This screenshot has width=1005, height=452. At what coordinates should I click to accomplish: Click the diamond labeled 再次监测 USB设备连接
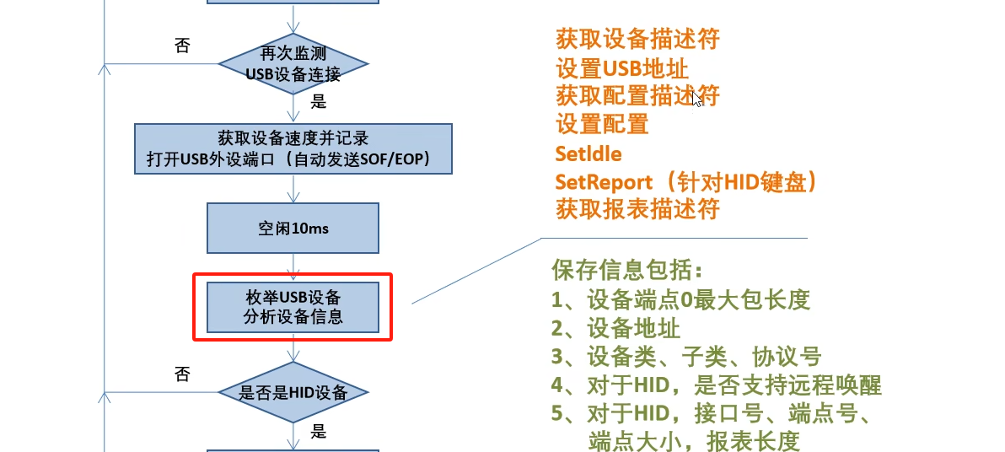point(293,64)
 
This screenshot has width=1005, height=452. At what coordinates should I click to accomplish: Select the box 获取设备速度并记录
point(293,148)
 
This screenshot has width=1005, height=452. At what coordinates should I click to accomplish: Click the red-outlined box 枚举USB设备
point(293,307)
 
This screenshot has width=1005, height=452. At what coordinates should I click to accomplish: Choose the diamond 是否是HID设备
point(293,392)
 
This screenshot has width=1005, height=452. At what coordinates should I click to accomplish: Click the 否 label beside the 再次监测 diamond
point(181,46)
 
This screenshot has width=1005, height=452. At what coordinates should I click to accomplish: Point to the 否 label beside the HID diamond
point(181,374)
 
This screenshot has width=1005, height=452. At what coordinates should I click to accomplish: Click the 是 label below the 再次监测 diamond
point(319,103)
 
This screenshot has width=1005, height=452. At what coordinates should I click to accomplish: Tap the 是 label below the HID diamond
point(319,433)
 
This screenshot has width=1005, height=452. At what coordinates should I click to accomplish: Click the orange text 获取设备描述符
point(637,39)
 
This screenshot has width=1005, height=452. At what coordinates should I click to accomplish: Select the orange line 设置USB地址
point(627,67)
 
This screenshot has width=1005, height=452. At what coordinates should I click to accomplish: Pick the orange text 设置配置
point(602,124)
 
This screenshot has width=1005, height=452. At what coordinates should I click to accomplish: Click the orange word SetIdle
point(588,153)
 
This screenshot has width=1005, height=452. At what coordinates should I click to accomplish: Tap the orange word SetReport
point(604,181)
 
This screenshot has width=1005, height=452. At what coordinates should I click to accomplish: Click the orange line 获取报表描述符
point(637,209)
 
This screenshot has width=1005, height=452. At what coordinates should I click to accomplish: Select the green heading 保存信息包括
point(626,271)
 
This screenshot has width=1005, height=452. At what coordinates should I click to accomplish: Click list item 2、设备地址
point(615,328)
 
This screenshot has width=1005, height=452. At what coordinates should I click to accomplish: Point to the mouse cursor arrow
point(696,99)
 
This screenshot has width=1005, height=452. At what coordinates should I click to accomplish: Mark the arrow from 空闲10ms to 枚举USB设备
point(293,266)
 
